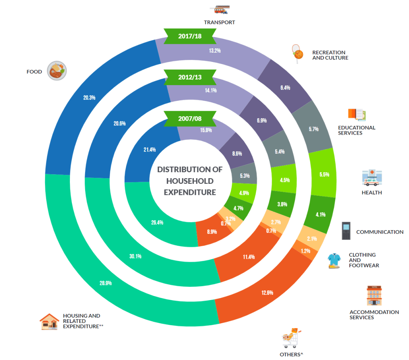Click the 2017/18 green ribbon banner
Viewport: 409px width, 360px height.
pyautogui.click(x=190, y=36)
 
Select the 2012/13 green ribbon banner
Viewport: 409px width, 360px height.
pyautogui.click(x=190, y=77)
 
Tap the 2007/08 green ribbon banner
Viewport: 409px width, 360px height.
pyautogui.click(x=190, y=119)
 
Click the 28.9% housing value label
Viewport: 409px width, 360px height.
pyautogui.click(x=105, y=283)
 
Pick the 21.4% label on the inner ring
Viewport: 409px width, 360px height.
pyautogui.click(x=150, y=149)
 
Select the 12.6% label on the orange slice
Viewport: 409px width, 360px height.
pyautogui.click(x=267, y=292)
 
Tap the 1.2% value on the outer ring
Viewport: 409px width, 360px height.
pyautogui.click(x=305, y=251)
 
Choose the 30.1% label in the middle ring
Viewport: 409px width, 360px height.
pyautogui.click(x=135, y=256)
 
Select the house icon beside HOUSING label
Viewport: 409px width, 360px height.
pyautogui.click(x=50, y=321)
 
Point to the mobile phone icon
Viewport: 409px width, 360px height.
pyautogui.click(x=346, y=231)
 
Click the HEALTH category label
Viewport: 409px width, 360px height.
pyautogui.click(x=371, y=193)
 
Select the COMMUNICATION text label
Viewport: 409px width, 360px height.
pyautogui.click(x=379, y=232)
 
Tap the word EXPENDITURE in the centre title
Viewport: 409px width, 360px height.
pyautogui.click(x=190, y=192)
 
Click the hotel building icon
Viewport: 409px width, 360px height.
pyautogui.click(x=374, y=296)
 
